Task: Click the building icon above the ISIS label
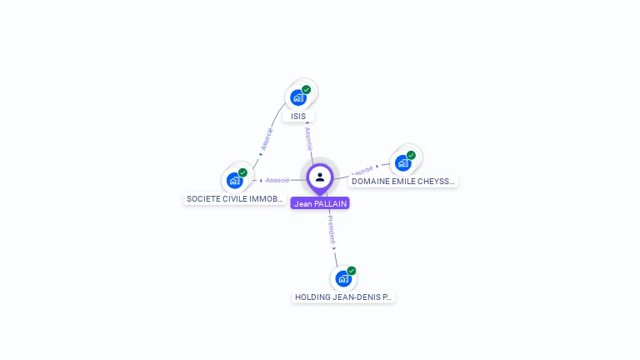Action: (x=297, y=98)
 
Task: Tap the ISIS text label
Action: (x=298, y=117)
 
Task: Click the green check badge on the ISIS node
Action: (x=307, y=89)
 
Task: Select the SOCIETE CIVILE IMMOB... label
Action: (x=235, y=199)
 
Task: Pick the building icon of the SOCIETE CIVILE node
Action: (x=234, y=181)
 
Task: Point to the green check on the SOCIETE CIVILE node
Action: (x=242, y=172)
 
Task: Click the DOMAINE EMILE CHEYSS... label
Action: (x=403, y=181)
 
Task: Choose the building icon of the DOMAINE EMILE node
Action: (x=402, y=163)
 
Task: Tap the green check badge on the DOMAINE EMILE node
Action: (x=411, y=155)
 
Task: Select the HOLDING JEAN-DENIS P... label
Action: (x=342, y=297)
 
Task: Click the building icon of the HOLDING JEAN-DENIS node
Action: (x=342, y=279)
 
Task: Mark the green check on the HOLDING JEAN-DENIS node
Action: (x=352, y=271)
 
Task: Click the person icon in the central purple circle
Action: (x=320, y=177)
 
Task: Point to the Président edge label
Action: (x=331, y=229)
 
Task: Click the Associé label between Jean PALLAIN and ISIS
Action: (x=308, y=136)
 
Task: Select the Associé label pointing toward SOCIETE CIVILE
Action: (x=277, y=180)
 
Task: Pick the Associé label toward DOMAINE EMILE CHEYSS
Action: (x=362, y=170)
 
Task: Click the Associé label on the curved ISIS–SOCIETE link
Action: (x=267, y=137)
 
